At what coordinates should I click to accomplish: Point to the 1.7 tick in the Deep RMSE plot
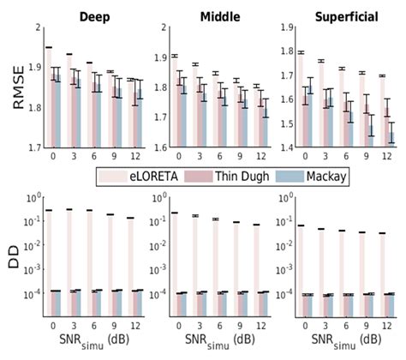[31, 148]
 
